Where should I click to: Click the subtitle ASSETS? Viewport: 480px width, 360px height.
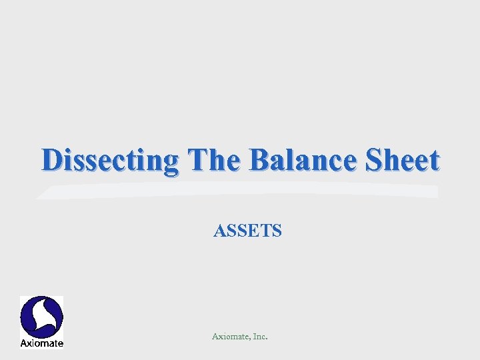pos(247,231)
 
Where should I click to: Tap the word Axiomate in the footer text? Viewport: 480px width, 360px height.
pos(229,337)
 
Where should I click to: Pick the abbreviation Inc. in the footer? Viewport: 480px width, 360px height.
pos(259,337)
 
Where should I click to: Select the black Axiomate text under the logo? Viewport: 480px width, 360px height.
pos(41,343)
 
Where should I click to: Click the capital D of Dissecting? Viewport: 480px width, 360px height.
pos(51,161)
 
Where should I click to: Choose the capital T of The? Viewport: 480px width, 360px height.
pos(197,161)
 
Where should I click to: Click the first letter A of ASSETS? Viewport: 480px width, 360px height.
pos(219,231)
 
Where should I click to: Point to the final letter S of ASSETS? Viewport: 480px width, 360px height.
pos(277,231)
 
